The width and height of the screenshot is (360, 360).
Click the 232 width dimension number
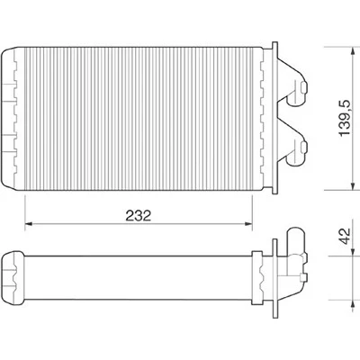pos(139,216)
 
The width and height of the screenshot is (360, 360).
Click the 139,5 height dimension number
pos(345,118)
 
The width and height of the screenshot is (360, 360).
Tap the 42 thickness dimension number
pos(345,236)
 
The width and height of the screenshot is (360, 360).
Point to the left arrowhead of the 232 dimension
pos(29,223)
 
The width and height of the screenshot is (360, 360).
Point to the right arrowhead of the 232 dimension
pos(248,223)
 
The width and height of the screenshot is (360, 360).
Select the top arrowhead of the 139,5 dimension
pos(353,51)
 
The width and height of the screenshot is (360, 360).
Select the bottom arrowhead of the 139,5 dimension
pos(353,185)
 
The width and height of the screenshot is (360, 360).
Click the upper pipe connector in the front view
pos(296,92)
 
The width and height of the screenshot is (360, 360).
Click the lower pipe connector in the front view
pos(296,151)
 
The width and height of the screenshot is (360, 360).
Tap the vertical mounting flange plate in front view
pos(274,118)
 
